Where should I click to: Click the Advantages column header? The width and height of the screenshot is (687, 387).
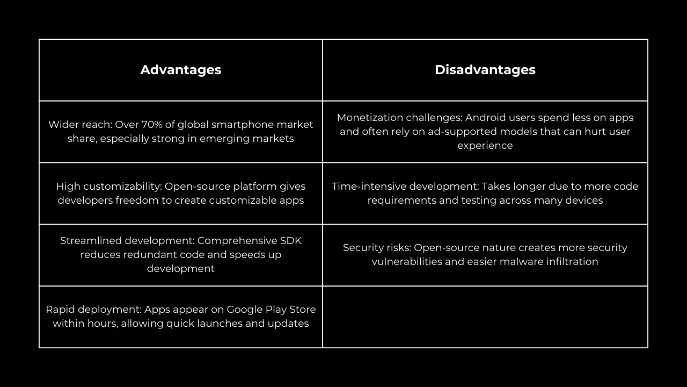point(181,70)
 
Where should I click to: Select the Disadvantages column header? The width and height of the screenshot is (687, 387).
point(485,70)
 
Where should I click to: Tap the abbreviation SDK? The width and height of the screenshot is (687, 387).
point(291,240)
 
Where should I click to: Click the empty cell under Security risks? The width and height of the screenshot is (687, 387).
point(485,317)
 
